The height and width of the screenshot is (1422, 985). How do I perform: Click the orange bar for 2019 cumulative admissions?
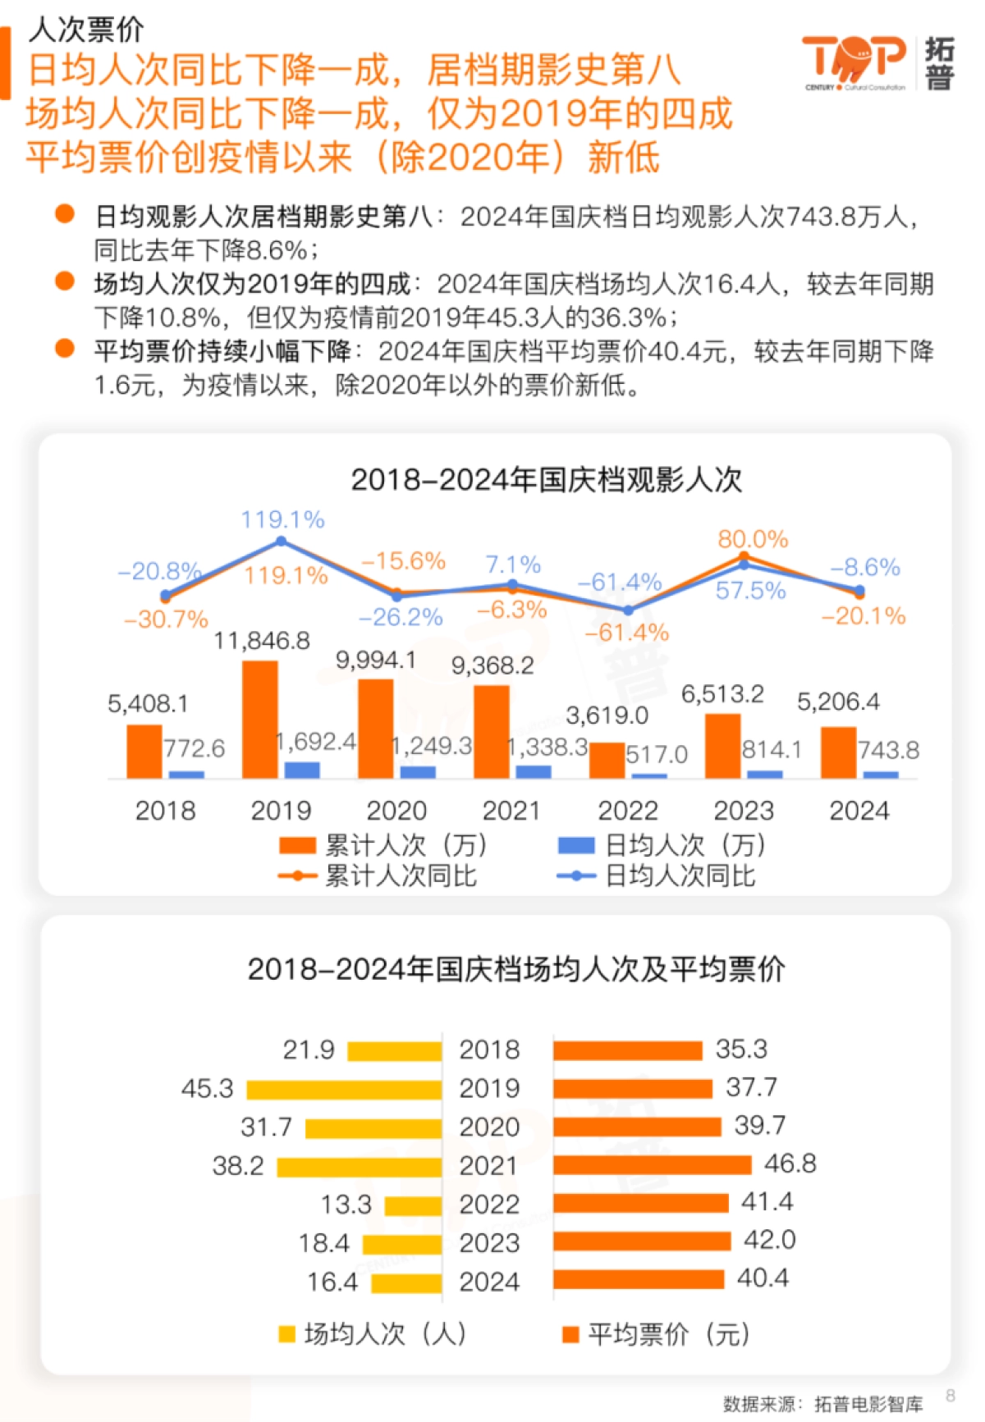pos(260,720)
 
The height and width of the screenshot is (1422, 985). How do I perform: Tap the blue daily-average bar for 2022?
pos(649,775)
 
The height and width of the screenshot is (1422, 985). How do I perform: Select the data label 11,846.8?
pos(262,641)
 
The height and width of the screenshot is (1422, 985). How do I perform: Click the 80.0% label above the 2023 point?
pos(753,539)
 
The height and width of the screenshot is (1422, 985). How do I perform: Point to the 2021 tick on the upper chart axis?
pos(511,811)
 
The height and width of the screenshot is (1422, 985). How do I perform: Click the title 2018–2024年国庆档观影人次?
pos(546,479)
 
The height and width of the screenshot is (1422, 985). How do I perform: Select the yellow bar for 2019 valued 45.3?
pos(344,1090)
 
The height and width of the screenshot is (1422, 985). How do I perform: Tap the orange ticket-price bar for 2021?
pos(652,1164)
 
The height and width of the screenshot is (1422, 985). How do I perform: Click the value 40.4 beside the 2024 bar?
pos(763,1278)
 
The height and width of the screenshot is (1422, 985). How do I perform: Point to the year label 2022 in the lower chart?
pos(489,1204)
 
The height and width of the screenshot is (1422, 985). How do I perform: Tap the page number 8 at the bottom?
pos(951,1395)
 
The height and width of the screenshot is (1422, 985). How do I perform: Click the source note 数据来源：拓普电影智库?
pos(822,1404)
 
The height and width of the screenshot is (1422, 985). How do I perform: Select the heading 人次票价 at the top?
pos(86,30)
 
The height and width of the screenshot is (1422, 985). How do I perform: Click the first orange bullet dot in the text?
pos(65,214)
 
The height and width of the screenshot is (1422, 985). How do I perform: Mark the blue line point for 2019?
pos(281,541)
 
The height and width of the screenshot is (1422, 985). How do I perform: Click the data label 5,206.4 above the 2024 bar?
pos(838,702)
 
